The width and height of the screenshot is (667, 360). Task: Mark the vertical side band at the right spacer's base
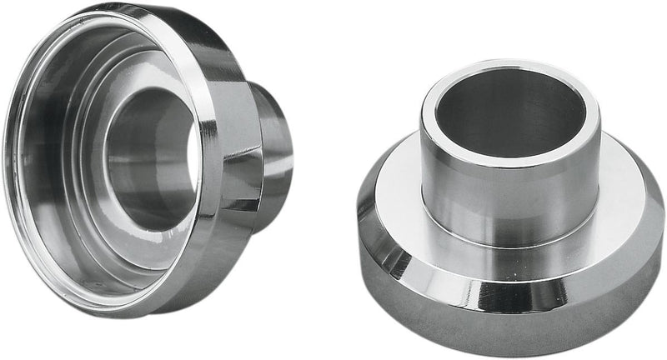(517, 317)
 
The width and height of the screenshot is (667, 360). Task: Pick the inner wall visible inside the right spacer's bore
(534, 117)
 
